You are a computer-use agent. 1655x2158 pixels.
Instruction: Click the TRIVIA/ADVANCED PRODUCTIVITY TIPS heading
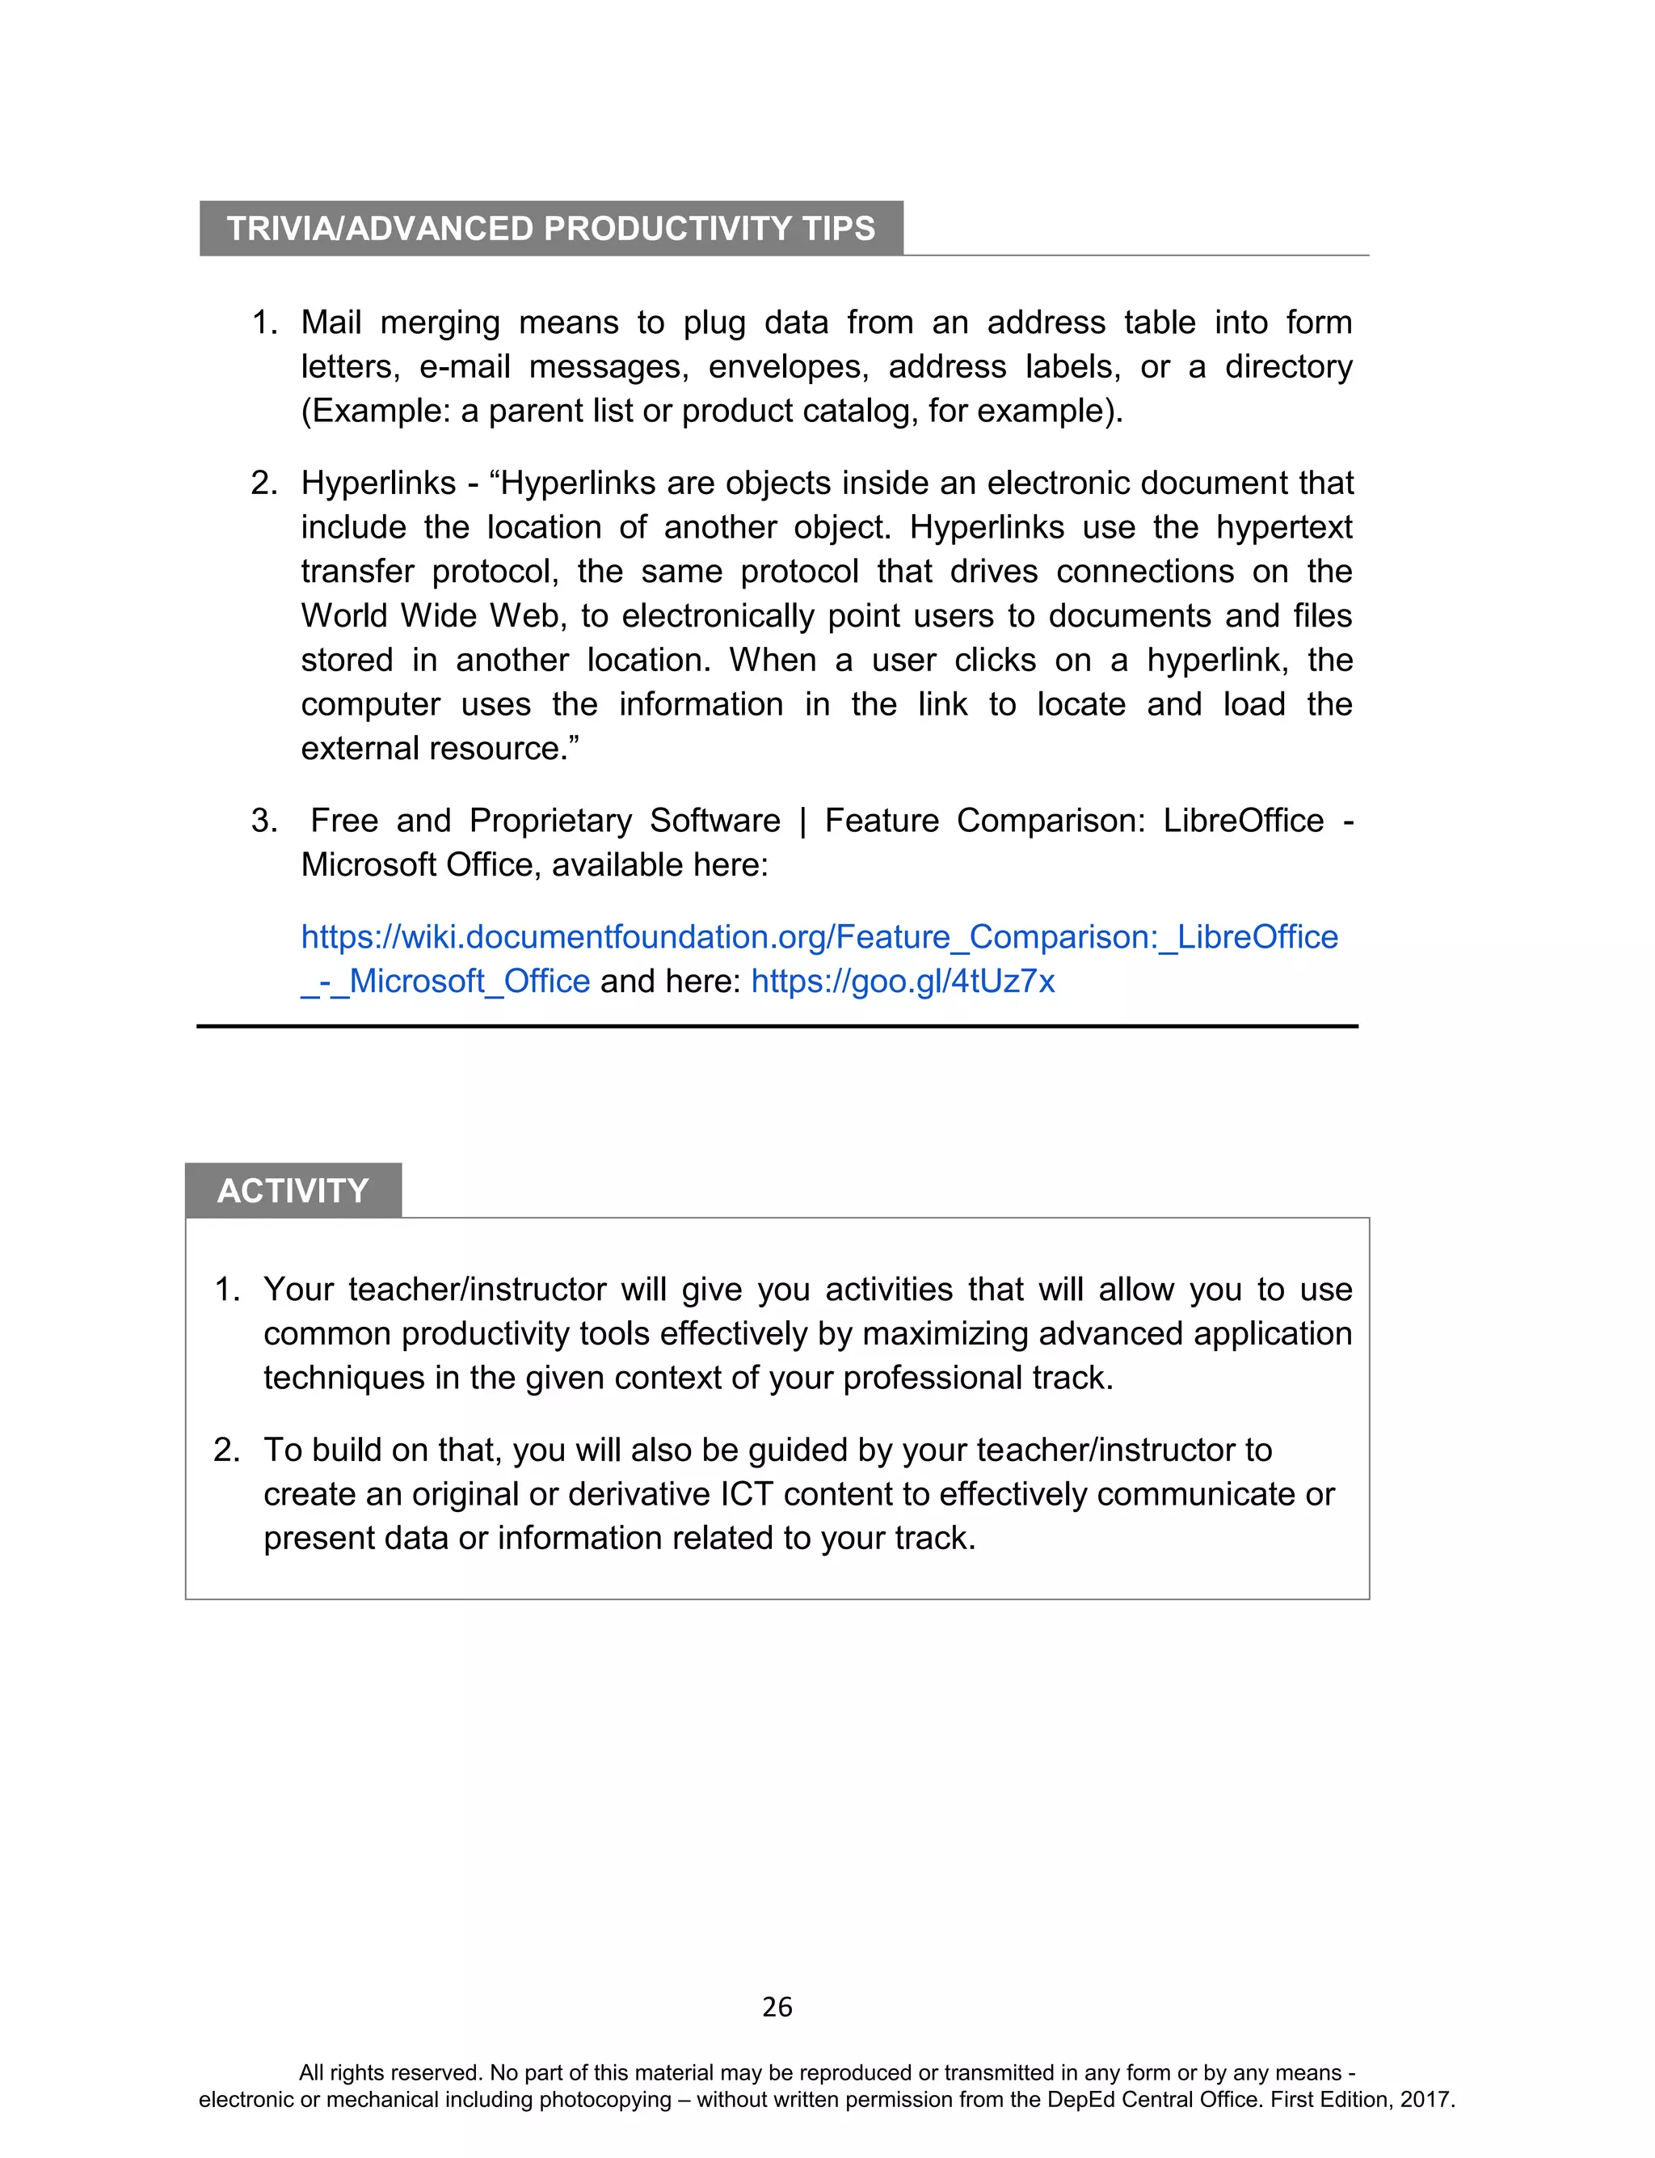[x=550, y=229]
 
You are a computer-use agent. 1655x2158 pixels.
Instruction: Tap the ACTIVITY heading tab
[x=293, y=1190]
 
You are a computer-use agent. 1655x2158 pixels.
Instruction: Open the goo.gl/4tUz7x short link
[x=903, y=982]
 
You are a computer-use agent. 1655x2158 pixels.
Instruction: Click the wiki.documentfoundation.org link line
[x=819, y=937]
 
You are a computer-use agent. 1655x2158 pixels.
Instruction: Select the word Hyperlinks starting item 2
[x=378, y=483]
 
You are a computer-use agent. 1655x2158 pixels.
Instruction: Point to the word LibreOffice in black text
[x=1243, y=821]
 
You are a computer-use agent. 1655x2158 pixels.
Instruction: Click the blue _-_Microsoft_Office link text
[x=445, y=982]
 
